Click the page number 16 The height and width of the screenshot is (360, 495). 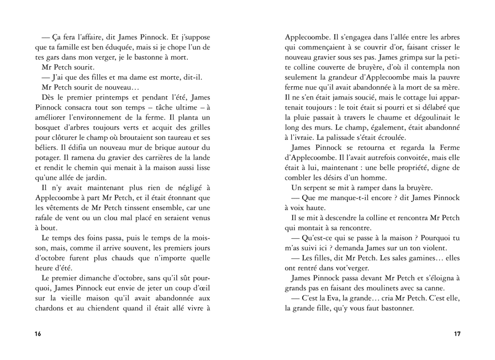pos(38,333)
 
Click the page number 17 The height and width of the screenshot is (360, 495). pos(457,333)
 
